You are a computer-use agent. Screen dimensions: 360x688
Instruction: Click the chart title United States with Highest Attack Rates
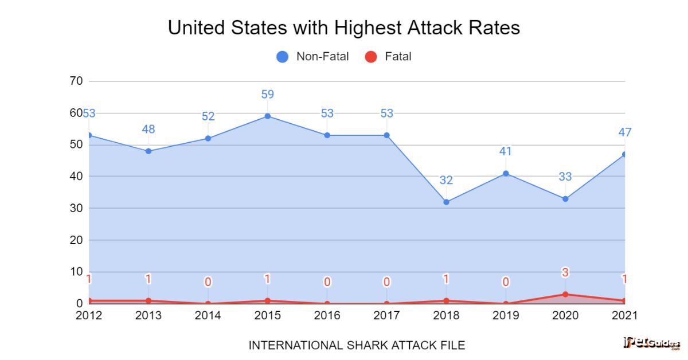343,28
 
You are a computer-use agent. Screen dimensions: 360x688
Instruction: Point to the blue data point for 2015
267,116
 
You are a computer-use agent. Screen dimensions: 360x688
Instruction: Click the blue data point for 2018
446,202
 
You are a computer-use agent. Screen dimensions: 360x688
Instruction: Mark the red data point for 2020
565,294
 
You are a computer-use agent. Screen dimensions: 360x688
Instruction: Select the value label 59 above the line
267,95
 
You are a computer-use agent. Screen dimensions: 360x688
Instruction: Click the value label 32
446,181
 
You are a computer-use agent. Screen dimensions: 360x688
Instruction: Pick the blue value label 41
505,151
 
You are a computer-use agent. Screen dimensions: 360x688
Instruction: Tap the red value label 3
565,273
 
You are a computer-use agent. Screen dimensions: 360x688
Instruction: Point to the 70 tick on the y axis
76,81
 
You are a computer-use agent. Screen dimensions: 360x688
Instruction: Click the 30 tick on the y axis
76,208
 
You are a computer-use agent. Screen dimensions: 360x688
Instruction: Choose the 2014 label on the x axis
208,315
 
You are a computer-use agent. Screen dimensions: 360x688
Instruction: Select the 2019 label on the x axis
505,315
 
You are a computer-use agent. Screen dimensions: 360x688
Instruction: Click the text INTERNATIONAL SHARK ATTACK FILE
356,345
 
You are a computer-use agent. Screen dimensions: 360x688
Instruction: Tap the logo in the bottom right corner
651,343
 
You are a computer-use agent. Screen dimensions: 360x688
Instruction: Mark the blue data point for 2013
148,151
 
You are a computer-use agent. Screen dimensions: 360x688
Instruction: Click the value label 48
148,130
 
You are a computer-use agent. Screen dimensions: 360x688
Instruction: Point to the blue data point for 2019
505,173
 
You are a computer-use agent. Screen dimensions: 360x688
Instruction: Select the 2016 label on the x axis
327,315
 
